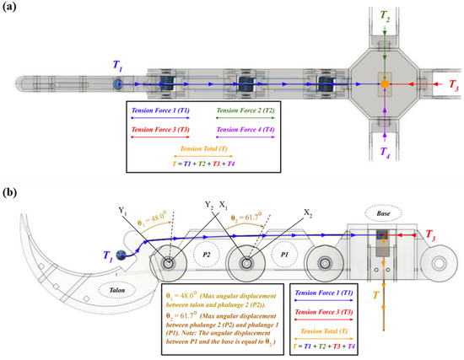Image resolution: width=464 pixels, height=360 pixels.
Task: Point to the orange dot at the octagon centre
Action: (385, 85)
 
